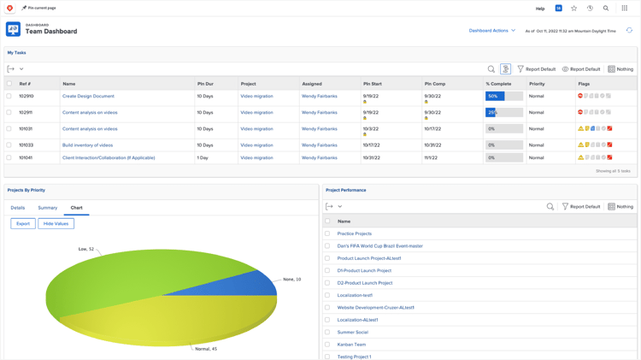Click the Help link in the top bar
pyautogui.click(x=540, y=9)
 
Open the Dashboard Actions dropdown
pyautogui.click(x=491, y=31)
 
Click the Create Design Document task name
pyautogui.click(x=88, y=97)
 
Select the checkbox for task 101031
pyautogui.click(x=9, y=129)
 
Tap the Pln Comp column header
pyautogui.click(x=435, y=84)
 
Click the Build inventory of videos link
pyautogui.click(x=87, y=145)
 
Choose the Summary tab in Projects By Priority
pyautogui.click(x=48, y=208)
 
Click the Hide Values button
pyautogui.click(x=56, y=224)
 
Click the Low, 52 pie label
pyautogui.click(x=85, y=249)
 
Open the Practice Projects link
pyautogui.click(x=354, y=233)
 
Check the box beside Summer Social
pyautogui.click(x=327, y=332)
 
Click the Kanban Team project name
pyautogui.click(x=351, y=345)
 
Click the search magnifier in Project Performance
pyautogui.click(x=550, y=207)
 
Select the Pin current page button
pyautogui.click(x=39, y=8)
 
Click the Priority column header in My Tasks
pyautogui.click(x=537, y=84)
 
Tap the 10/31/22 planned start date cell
pyautogui.click(x=372, y=158)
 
